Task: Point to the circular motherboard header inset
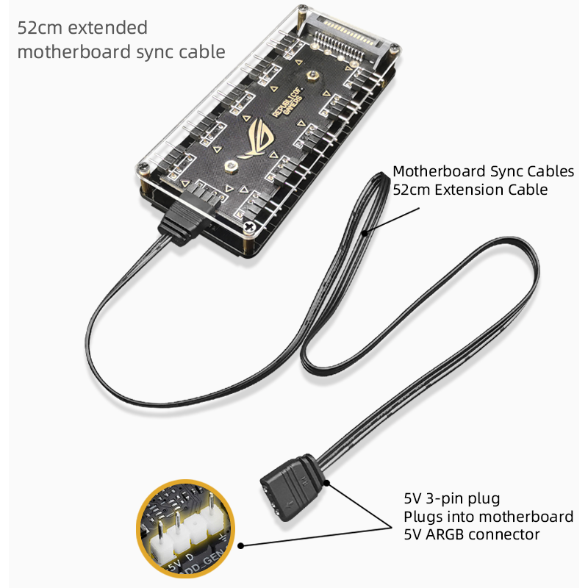click(187, 531)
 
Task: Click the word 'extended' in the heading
click(108, 29)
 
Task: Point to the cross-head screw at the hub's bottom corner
click(251, 227)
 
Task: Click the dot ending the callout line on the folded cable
click(364, 234)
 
